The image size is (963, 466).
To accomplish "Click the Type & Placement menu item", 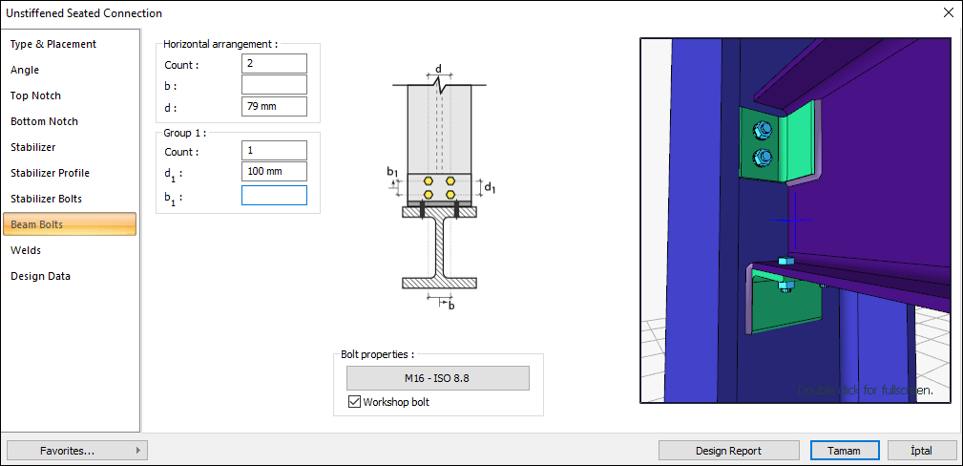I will coord(53,44).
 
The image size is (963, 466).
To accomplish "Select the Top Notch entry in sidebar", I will coord(36,95).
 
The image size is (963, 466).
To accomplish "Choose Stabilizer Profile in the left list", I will coord(50,173).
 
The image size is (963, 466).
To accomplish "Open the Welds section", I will coord(26,250).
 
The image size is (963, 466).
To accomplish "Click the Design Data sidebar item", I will coord(40,276).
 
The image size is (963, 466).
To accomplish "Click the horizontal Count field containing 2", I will coord(274,64).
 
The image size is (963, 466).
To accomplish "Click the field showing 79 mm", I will coord(274,106).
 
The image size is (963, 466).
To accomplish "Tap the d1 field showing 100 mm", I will coord(274,172).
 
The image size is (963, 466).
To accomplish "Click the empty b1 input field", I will coord(274,196).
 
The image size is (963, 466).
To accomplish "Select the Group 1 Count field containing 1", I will coord(274,151).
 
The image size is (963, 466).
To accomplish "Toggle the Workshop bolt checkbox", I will coord(354,402).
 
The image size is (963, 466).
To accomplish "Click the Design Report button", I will coord(728,451).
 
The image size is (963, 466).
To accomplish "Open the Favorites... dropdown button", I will coord(76,450).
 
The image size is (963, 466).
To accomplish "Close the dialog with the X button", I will coord(948,13).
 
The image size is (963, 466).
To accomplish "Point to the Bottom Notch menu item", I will coord(44,121).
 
